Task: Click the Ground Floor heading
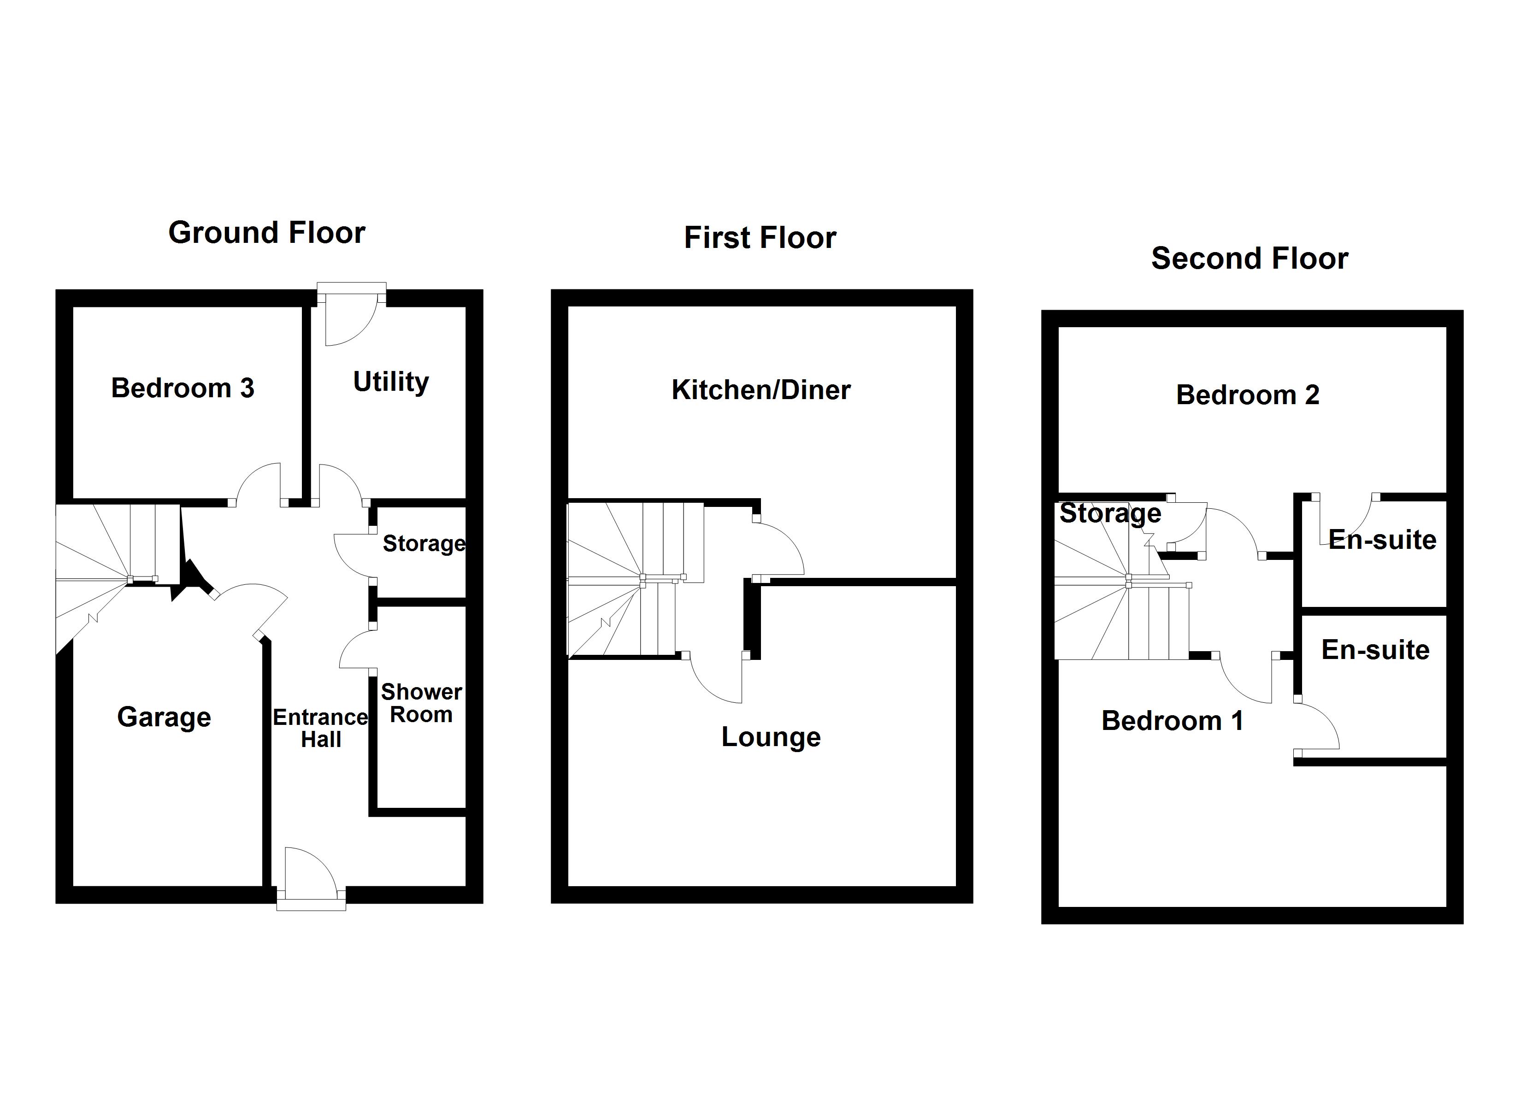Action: click(266, 233)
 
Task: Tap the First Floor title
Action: click(760, 238)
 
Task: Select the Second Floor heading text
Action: click(1250, 259)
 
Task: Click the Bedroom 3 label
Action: click(183, 388)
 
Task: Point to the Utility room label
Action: click(390, 382)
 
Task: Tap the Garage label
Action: click(164, 717)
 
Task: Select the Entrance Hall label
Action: click(321, 729)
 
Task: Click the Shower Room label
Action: click(421, 703)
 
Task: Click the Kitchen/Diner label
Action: click(760, 390)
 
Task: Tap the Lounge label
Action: click(771, 737)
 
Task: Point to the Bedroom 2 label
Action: click(1247, 395)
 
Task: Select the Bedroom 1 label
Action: click(1172, 721)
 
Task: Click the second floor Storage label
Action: click(1110, 514)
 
